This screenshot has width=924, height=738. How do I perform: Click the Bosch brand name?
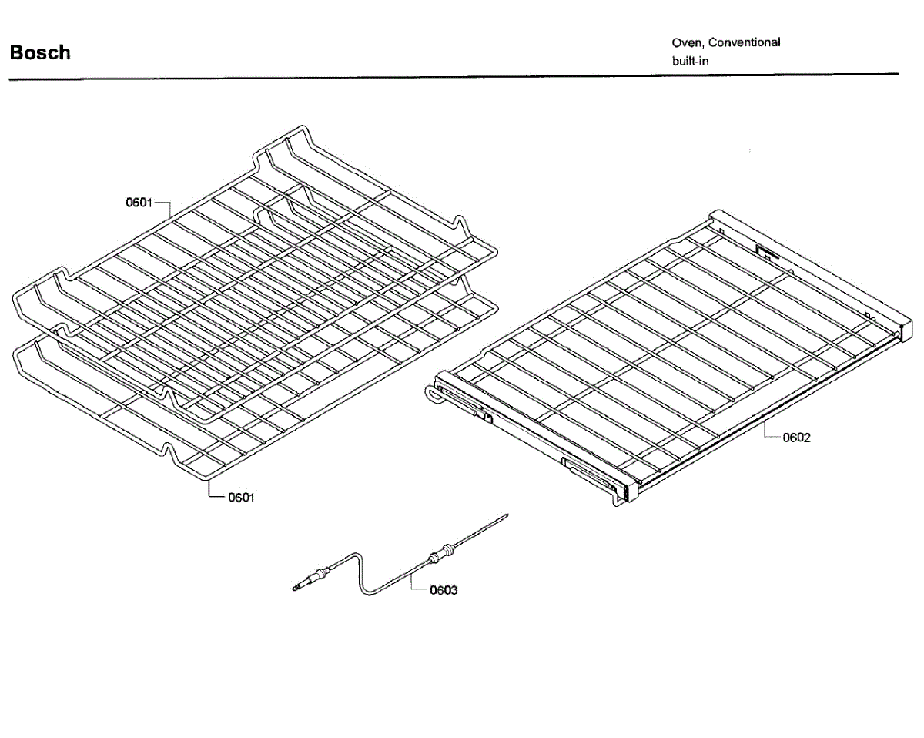click(x=40, y=52)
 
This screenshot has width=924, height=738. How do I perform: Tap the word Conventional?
click(x=744, y=42)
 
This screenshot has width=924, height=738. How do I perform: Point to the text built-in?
click(x=690, y=62)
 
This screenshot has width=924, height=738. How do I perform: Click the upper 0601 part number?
click(x=139, y=203)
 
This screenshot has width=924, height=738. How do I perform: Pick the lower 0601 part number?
click(x=241, y=498)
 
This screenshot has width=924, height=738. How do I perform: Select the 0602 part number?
click(x=796, y=438)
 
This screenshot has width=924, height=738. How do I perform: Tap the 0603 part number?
click(x=444, y=590)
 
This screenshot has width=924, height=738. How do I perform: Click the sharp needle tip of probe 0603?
click(x=508, y=514)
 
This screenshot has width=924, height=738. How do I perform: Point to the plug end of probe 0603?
click(x=296, y=588)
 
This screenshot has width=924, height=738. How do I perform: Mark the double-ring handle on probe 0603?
click(x=440, y=553)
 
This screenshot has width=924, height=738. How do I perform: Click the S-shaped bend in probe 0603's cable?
click(x=360, y=573)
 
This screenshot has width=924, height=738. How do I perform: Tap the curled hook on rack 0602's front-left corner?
click(x=432, y=394)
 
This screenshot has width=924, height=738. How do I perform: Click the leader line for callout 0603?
click(x=414, y=581)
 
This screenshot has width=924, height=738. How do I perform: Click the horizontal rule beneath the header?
click(x=454, y=77)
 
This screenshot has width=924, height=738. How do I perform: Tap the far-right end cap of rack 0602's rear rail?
click(x=906, y=327)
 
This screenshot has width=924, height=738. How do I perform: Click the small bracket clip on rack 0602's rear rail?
click(x=766, y=253)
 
